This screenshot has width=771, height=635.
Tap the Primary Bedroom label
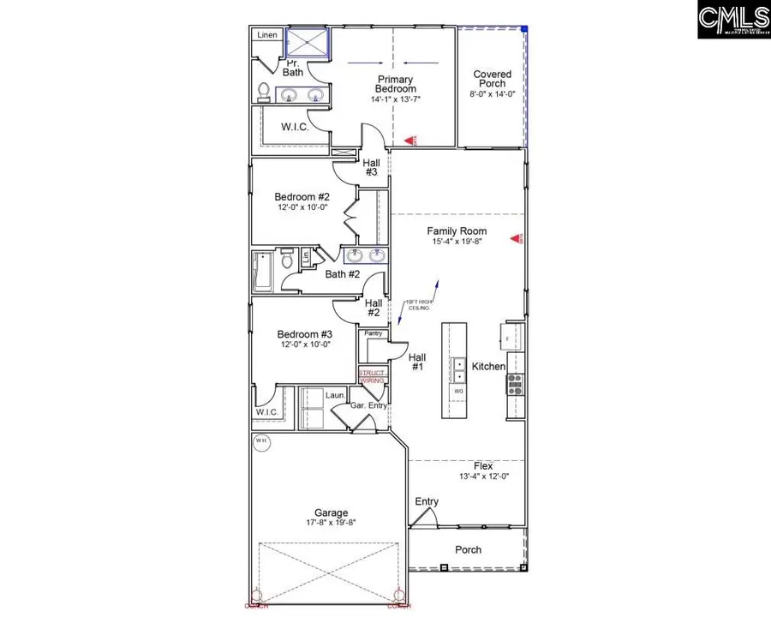pyautogui.click(x=396, y=84)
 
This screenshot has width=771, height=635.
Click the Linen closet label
pyautogui.click(x=266, y=36)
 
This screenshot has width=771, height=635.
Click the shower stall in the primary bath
pyautogui.click(x=308, y=43)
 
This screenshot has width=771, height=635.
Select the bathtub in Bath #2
pyautogui.click(x=261, y=272)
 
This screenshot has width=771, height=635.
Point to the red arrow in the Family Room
pyautogui.click(x=516, y=239)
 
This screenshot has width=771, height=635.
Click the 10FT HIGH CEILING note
pyautogui.click(x=419, y=306)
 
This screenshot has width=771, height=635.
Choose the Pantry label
pyautogui.click(x=373, y=333)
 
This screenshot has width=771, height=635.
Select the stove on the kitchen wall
pyautogui.click(x=515, y=383)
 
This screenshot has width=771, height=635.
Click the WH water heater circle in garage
pyautogui.click(x=261, y=442)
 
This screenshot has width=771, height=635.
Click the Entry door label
pyautogui.click(x=427, y=502)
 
